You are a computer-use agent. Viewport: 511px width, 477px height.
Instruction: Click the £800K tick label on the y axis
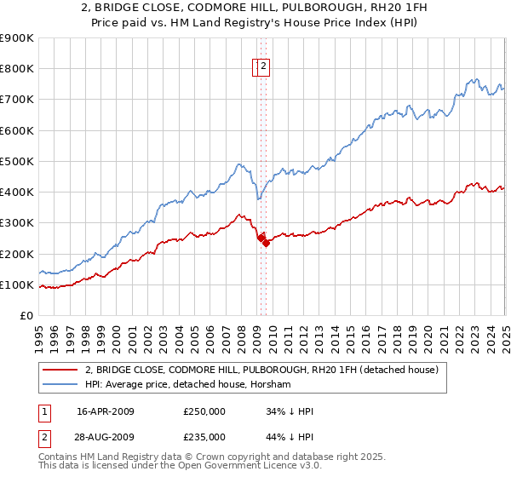click(16, 69)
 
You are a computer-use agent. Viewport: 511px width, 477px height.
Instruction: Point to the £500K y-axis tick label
click(16, 161)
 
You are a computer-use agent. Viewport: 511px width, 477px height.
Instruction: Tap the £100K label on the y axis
click(16, 284)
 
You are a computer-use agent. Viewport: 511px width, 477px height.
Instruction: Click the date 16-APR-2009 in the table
click(106, 411)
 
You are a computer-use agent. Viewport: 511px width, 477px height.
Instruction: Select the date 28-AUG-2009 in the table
click(106, 437)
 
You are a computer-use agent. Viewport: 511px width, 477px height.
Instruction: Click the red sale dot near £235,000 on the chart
click(266, 243)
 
